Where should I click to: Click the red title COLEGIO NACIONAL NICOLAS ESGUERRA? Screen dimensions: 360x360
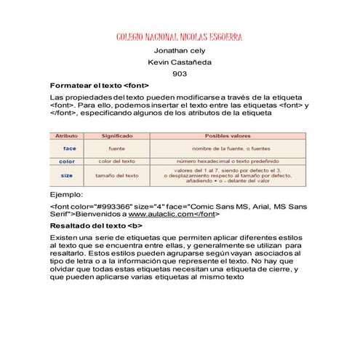coord(180,37)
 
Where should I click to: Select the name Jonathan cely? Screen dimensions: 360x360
coord(180,51)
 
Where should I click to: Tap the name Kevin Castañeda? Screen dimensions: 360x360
coord(180,63)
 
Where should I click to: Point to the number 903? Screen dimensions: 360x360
coord(180,74)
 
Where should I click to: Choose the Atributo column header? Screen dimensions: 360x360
coord(67,137)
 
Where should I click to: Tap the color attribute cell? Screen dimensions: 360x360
coord(67,161)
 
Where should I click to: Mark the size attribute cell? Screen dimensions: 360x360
coord(67,175)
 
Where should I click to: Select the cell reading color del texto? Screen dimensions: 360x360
coord(116,161)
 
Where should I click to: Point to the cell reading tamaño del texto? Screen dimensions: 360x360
coord(116,175)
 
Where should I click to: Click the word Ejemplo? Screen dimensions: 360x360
coord(66,195)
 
